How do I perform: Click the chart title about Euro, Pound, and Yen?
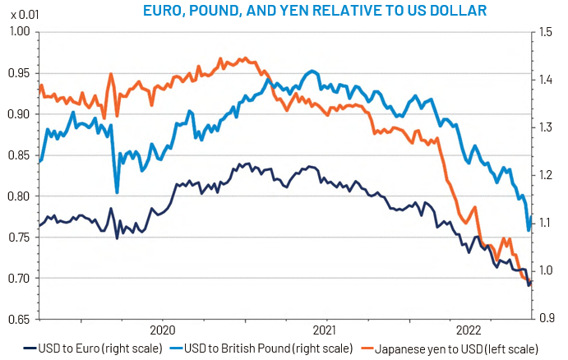click(x=314, y=10)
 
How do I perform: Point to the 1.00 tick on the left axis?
click(x=19, y=32)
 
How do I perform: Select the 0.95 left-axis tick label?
click(x=19, y=73)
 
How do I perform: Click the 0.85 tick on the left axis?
click(x=19, y=155)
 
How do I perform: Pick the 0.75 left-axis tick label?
click(x=19, y=237)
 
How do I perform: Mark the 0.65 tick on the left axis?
click(x=19, y=318)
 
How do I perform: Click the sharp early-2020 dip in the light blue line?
click(x=117, y=192)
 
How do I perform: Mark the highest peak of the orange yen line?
click(x=221, y=58)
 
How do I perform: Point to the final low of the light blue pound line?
click(x=529, y=230)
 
